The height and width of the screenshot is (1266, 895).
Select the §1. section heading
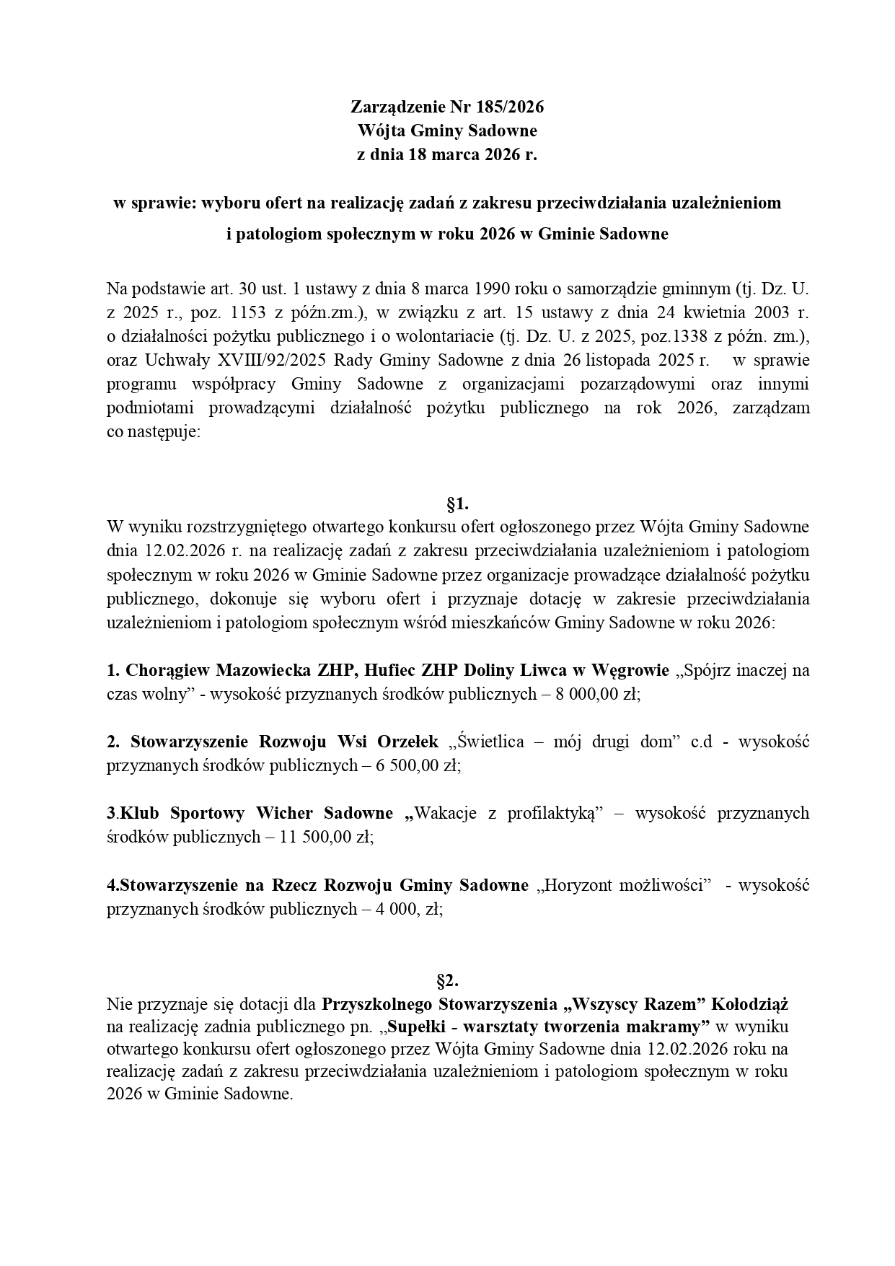458,503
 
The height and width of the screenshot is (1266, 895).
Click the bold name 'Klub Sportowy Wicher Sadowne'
256,813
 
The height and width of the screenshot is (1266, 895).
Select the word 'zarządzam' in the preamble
770,408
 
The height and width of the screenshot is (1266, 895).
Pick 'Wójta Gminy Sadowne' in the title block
447,131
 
